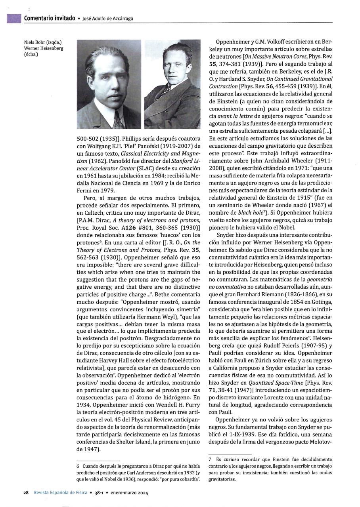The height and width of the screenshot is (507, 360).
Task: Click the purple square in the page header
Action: tap(13, 18)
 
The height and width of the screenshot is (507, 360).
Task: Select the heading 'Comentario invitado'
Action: tap(50, 18)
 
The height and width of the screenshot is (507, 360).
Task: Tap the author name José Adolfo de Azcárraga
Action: tap(110, 19)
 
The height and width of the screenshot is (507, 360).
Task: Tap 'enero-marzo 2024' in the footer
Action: tap(125, 493)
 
